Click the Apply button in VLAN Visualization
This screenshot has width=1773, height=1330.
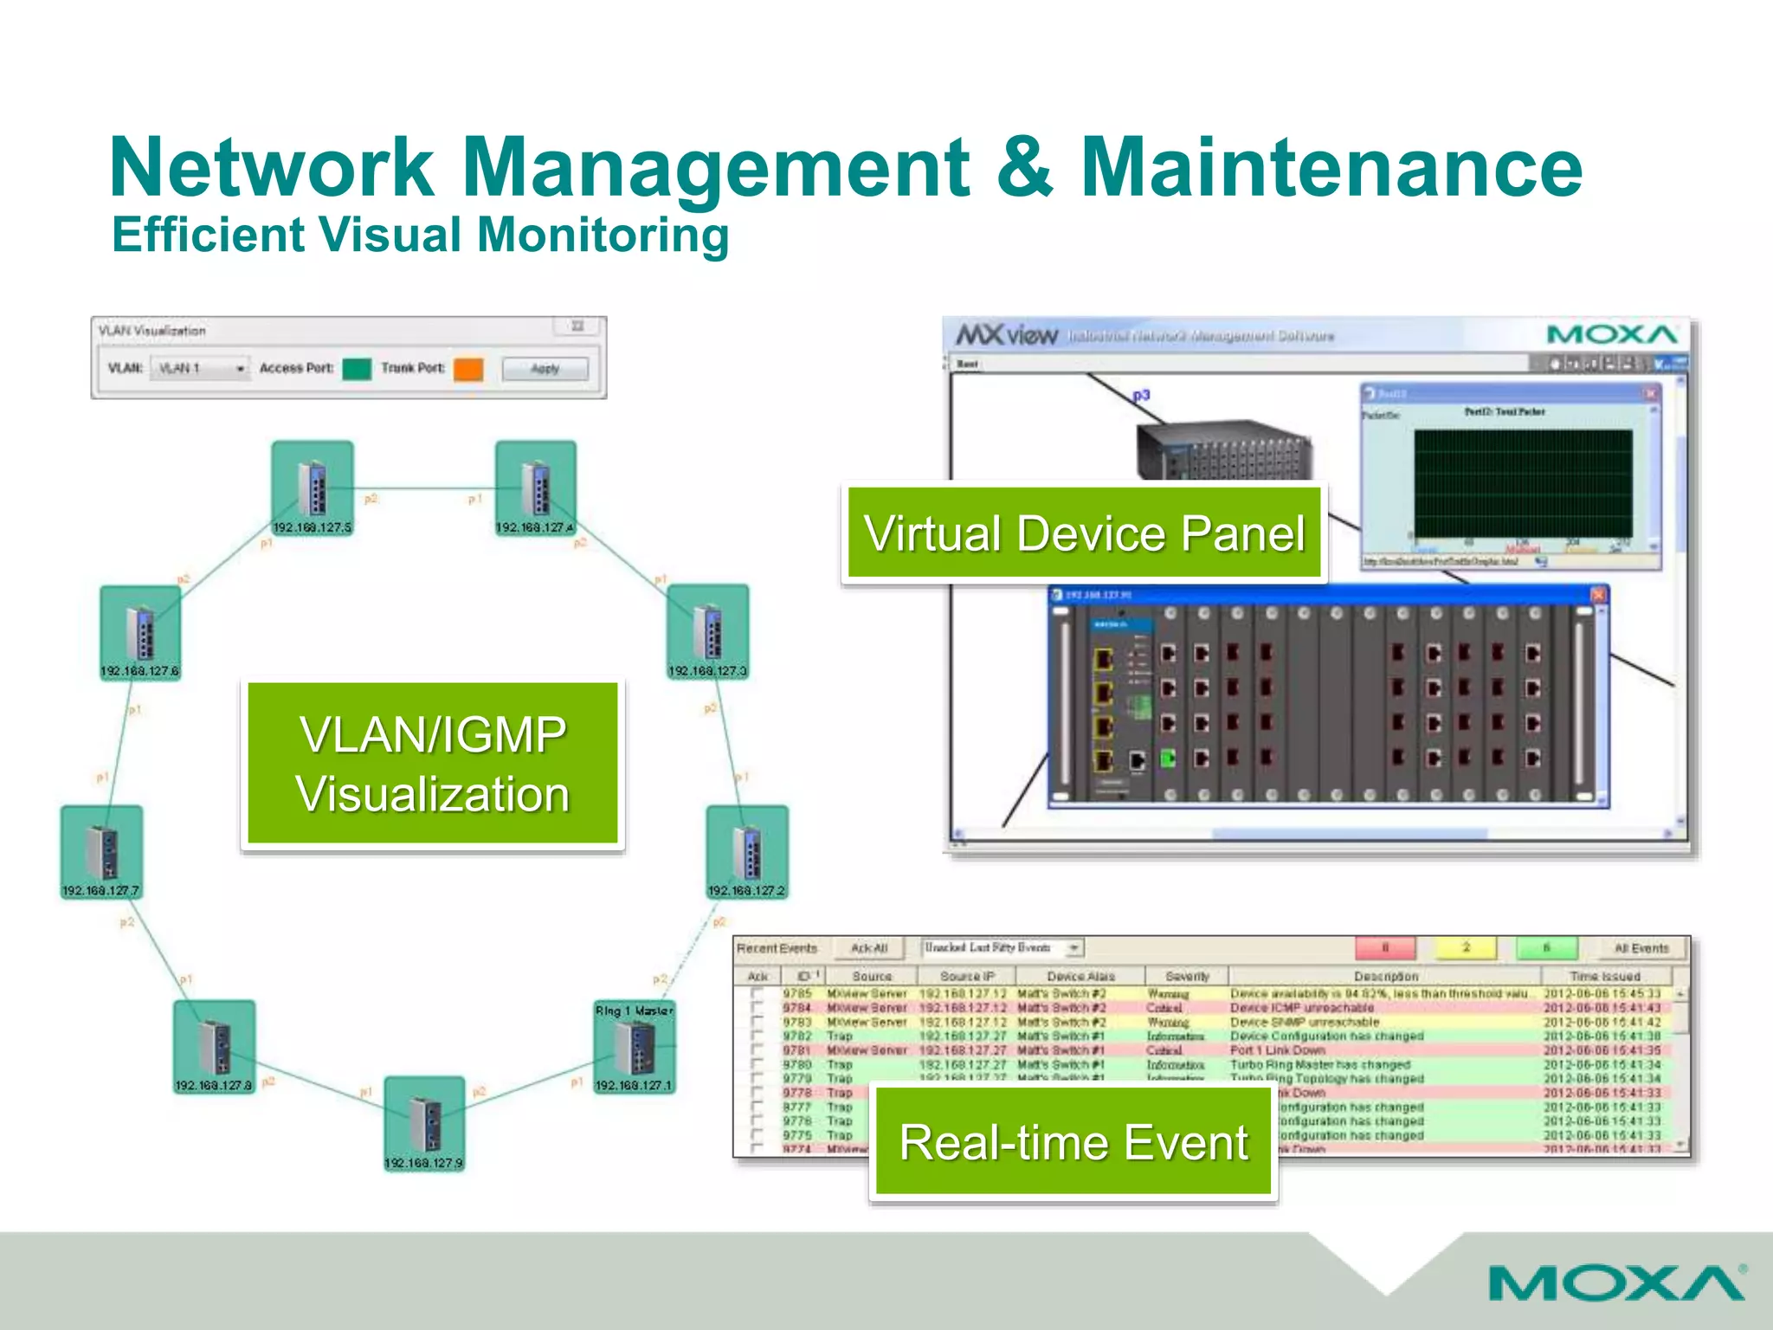coord(545,369)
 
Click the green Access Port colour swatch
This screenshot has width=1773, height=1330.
coord(357,369)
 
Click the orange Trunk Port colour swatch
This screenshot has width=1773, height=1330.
coord(468,369)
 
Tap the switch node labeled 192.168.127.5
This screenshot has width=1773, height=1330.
coord(313,487)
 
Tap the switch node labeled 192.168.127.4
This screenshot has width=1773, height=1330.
coord(535,487)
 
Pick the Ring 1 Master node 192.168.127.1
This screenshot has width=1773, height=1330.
coord(635,1047)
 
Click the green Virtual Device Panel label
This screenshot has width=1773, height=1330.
coord(1084,533)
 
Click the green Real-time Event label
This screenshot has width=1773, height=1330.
coord(1073,1141)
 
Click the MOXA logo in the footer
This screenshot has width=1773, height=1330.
coord(1616,1283)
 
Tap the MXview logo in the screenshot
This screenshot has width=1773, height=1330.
coord(1007,335)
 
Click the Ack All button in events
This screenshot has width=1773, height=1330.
coord(868,948)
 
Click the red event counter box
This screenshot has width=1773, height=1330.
coord(1385,948)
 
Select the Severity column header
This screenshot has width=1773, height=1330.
coord(1186,976)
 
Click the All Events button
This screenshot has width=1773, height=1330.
coord(1641,948)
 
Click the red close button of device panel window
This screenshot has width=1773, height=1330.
coord(1598,595)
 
